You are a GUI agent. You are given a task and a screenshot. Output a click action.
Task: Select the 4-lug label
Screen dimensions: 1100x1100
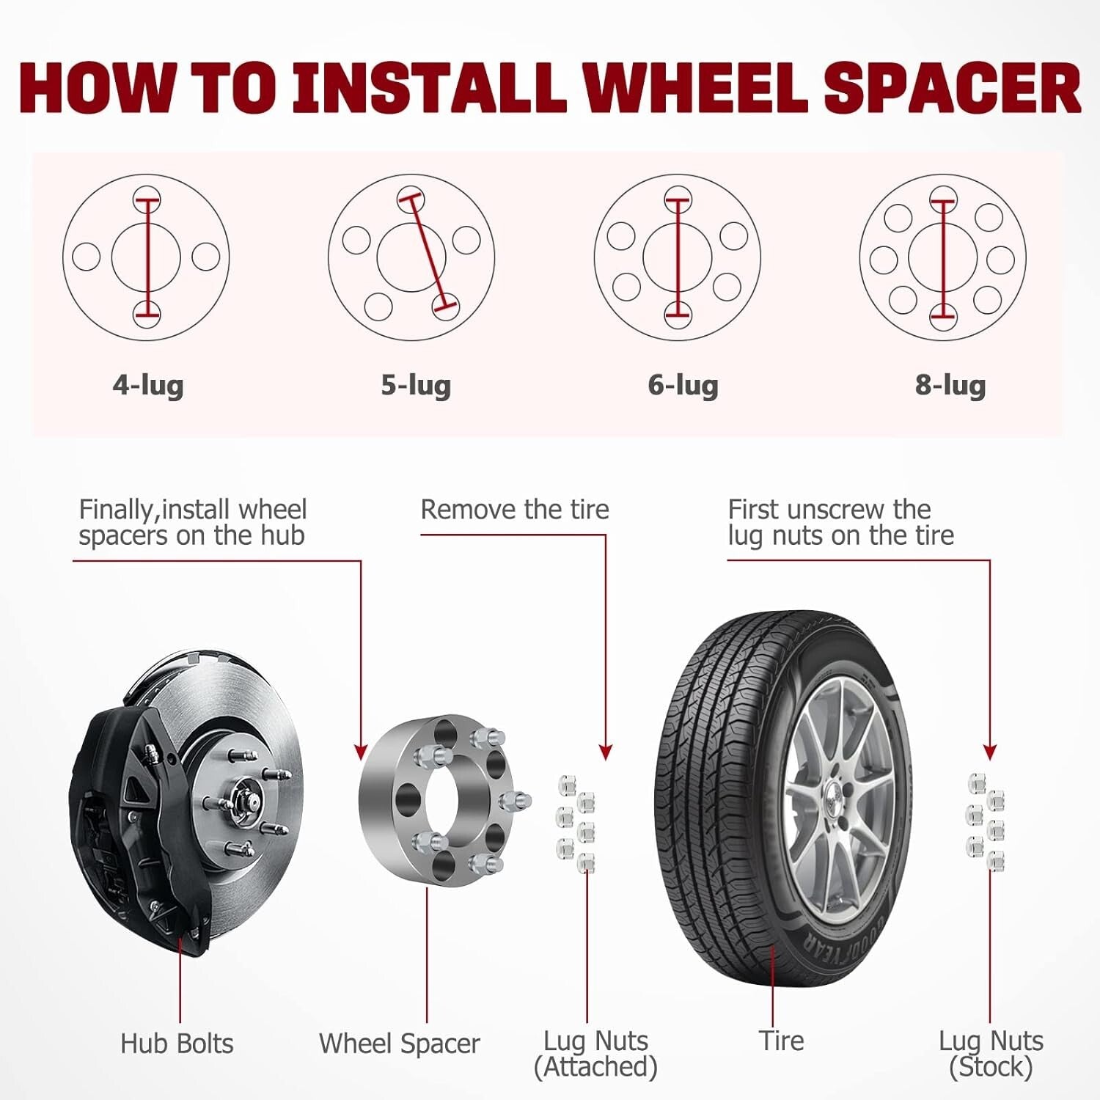point(148,384)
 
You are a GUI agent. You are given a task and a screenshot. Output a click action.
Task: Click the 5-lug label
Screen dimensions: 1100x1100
point(416,384)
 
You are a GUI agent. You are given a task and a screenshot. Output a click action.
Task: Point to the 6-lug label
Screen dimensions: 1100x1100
point(683,384)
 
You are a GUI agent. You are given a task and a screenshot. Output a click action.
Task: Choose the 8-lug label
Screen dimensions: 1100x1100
point(950,384)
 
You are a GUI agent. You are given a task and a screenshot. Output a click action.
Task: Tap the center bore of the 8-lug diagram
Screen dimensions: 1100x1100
point(961,257)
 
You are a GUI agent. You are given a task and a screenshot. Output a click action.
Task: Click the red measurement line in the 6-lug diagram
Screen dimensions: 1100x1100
point(678,257)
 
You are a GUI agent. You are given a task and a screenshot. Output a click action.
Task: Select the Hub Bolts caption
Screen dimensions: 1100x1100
point(177,1044)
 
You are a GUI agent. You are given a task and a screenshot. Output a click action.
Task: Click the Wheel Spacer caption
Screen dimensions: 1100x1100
point(399,1044)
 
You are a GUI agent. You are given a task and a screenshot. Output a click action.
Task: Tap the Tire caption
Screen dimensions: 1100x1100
point(782,1041)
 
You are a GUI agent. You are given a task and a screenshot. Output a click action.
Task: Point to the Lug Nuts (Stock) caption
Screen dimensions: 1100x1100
point(991,1054)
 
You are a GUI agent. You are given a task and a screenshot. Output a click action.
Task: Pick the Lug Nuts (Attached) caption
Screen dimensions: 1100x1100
point(595,1054)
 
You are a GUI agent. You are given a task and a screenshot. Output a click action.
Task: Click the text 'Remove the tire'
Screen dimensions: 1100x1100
point(515,510)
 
